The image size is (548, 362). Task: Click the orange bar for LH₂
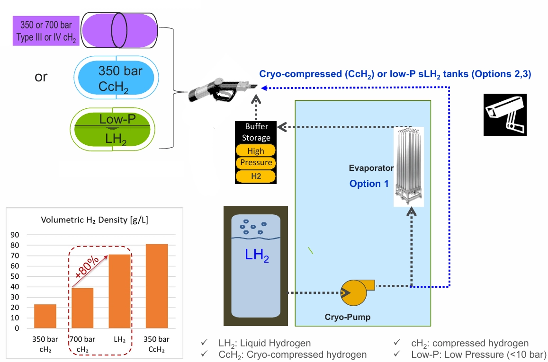(x=120, y=291)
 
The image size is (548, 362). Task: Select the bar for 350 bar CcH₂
(x=157, y=286)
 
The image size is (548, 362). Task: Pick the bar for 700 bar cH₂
(x=82, y=308)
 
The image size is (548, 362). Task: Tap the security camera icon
(x=505, y=115)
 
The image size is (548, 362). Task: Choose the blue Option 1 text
(x=369, y=184)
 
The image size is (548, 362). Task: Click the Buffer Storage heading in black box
(x=256, y=132)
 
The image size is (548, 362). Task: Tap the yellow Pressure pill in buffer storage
(x=256, y=163)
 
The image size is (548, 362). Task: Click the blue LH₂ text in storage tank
(x=256, y=256)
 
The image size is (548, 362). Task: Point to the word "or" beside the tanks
(x=41, y=77)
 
